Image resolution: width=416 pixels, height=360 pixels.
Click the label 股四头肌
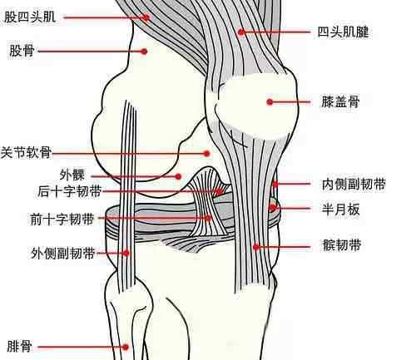click(30, 17)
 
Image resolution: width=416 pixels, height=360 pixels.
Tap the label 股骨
click(22, 51)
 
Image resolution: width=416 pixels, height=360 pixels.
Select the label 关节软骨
click(26, 152)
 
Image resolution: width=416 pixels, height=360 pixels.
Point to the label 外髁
click(72, 175)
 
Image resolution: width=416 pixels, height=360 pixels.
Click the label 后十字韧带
click(70, 191)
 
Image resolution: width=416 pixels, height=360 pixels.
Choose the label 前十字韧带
click(62, 219)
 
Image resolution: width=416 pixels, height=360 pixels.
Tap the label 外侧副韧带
click(62, 253)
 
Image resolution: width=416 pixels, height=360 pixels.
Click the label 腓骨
click(19, 347)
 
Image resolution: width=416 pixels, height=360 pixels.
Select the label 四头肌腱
click(343, 32)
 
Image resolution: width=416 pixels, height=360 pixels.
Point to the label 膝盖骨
click(340, 101)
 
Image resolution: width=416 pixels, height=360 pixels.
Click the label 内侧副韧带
click(354, 184)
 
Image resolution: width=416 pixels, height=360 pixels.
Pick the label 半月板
click(341, 210)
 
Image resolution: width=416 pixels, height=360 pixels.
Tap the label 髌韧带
click(342, 245)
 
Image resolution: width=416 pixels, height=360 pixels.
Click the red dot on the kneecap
click(270, 102)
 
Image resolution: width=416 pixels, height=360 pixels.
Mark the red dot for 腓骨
click(126, 347)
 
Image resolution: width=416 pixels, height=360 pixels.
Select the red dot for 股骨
click(144, 52)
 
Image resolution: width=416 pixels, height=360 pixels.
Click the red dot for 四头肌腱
click(241, 32)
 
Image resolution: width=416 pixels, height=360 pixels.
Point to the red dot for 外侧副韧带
click(126, 253)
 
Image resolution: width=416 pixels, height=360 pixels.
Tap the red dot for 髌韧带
click(256, 246)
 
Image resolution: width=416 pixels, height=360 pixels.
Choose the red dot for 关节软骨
click(206, 153)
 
